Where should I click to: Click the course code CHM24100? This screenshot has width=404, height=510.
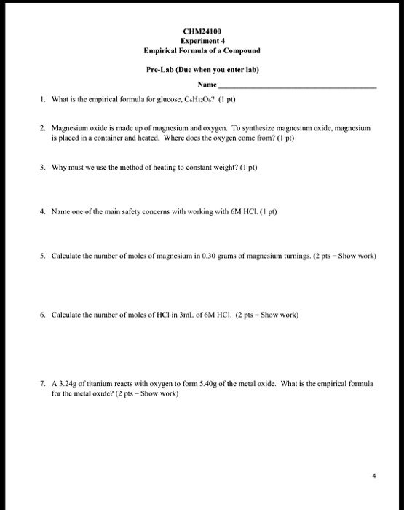[202, 31]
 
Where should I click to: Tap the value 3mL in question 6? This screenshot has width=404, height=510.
[181, 315]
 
